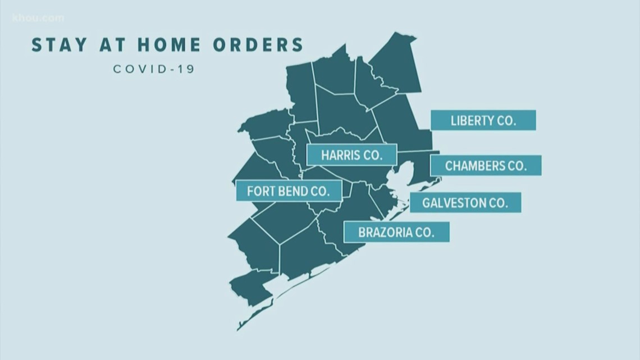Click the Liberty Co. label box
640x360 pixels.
[483, 120]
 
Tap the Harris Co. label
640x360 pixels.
[351, 154]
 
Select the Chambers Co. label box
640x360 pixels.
[486, 166]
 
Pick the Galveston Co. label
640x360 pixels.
[465, 203]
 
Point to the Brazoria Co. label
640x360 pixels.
[396, 232]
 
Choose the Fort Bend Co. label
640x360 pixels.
[288, 191]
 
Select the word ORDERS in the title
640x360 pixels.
[264, 45]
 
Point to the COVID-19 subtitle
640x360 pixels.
[154, 69]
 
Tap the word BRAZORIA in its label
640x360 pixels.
[387, 232]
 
